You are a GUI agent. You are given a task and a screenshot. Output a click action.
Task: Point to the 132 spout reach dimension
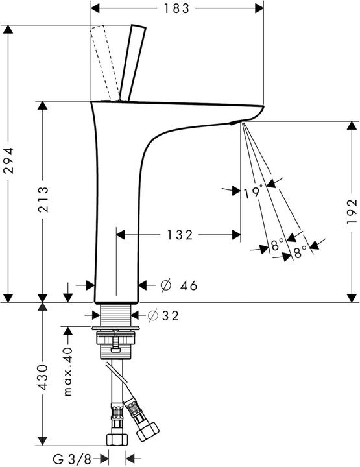(x=180, y=235)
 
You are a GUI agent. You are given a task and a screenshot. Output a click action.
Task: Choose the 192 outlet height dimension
(x=350, y=211)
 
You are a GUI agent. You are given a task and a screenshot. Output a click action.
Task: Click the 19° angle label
(x=254, y=192)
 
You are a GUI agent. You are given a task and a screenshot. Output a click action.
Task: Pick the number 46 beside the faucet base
(x=187, y=285)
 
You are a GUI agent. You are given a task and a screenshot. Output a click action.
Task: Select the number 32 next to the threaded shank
(x=169, y=315)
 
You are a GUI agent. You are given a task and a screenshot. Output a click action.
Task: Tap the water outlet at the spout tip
(x=236, y=121)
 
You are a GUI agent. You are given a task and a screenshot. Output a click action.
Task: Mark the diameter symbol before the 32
(x=153, y=315)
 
